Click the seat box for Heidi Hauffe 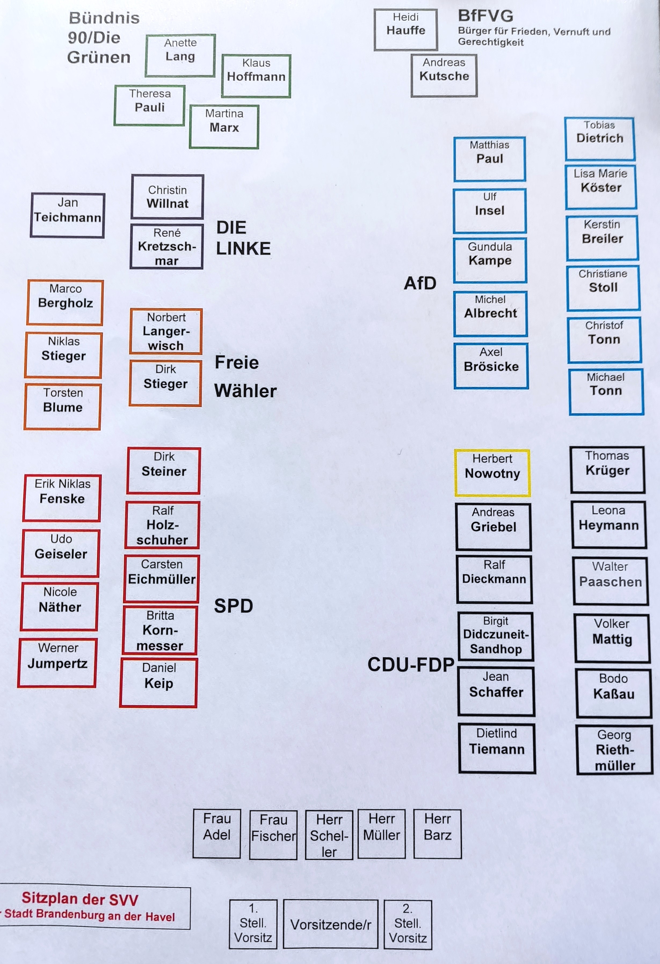pyautogui.click(x=405, y=30)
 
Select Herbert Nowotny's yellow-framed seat pyautogui.click(x=492, y=472)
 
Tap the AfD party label pyautogui.click(x=420, y=283)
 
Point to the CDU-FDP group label pyautogui.click(x=411, y=665)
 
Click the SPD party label pyautogui.click(x=233, y=606)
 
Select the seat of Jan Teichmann pyautogui.click(x=67, y=215)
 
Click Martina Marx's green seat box pyautogui.click(x=224, y=127)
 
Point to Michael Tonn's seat pyautogui.click(x=606, y=391)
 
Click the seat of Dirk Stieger pyautogui.click(x=165, y=383)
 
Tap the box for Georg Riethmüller pyautogui.click(x=615, y=750)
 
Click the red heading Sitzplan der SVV pyautogui.click(x=80, y=899)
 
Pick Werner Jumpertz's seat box pyautogui.click(x=57, y=662)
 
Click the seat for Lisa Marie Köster pyautogui.click(x=601, y=187)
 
